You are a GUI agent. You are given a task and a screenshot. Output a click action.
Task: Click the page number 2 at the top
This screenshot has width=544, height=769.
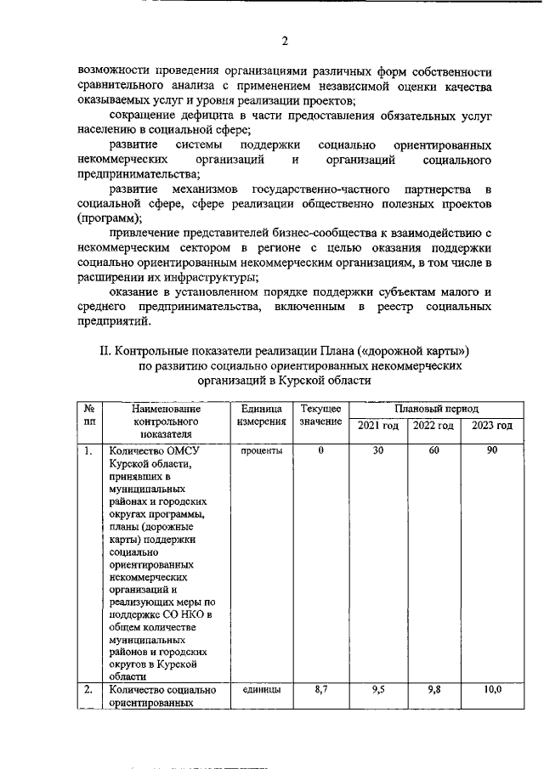286,40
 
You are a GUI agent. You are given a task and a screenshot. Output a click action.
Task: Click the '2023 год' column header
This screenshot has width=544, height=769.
492,425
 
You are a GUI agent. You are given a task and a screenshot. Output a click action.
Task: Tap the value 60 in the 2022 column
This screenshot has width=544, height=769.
433,450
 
